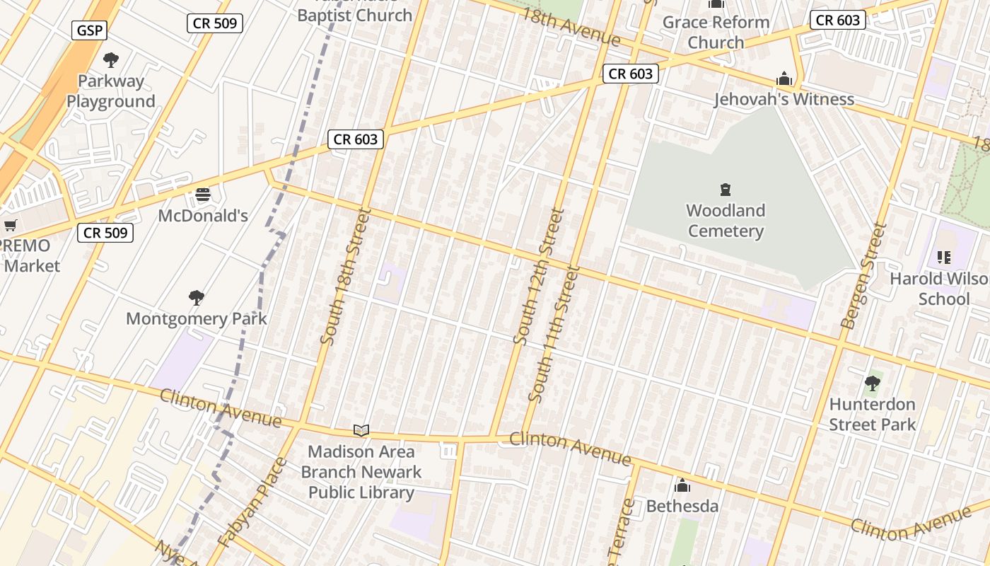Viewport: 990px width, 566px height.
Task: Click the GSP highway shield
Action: [x=89, y=30]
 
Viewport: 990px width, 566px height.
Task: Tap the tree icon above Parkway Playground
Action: [x=111, y=60]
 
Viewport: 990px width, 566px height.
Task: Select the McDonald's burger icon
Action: [x=203, y=195]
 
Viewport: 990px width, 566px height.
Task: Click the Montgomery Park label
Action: [x=197, y=318]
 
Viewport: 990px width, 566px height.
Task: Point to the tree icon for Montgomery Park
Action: [x=197, y=298]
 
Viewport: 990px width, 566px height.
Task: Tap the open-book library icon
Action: [x=361, y=430]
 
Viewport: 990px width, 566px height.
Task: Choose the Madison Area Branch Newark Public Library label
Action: [x=361, y=472]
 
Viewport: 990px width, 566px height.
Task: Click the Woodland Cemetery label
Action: [x=726, y=221]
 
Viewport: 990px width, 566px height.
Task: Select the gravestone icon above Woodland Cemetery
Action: [x=726, y=190]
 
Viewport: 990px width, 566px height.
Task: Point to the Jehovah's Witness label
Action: [x=784, y=99]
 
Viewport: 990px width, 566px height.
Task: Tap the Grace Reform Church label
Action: [x=716, y=33]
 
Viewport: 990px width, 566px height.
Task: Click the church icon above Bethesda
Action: [x=682, y=486]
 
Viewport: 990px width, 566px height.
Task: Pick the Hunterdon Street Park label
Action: [x=872, y=415]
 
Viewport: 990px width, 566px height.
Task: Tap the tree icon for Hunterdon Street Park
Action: [x=873, y=384]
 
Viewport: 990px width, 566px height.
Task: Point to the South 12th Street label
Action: [x=539, y=277]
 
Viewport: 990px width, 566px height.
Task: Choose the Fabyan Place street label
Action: [x=252, y=502]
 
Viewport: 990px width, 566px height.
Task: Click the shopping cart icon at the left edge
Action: [x=10, y=226]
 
